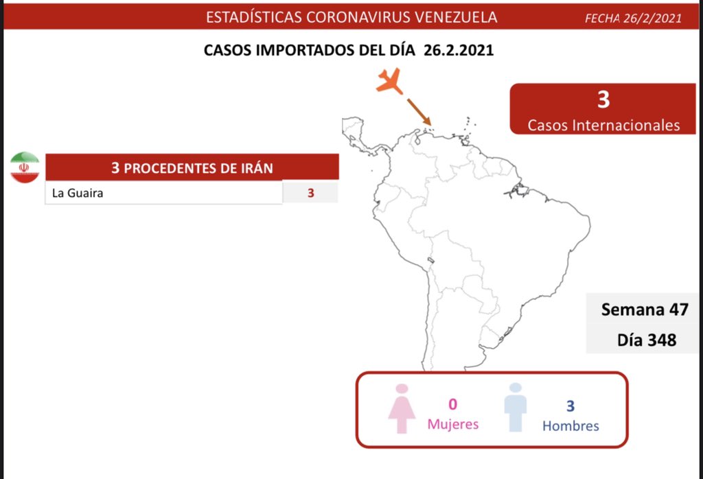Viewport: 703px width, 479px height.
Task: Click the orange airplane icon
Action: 389,82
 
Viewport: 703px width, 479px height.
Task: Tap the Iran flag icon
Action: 25,167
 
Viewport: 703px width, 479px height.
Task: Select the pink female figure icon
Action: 402,408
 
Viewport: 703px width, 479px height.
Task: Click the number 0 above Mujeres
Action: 453,404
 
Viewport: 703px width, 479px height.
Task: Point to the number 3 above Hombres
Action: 571,406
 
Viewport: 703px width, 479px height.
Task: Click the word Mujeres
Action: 453,424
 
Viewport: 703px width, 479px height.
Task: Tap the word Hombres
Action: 571,425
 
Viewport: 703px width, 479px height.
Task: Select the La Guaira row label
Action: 78,193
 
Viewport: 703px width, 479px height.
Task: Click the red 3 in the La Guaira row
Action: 310,193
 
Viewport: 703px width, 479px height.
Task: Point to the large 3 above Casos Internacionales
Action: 603,99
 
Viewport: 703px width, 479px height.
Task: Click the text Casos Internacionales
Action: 603,125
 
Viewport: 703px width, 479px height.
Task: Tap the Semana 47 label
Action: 644,309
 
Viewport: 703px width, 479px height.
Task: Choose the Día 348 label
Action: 647,340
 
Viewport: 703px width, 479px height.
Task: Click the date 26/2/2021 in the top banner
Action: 652,19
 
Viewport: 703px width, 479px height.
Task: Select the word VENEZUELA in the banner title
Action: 456,17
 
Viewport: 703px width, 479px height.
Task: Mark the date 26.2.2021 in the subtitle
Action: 458,49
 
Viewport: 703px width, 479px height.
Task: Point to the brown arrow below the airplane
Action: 419,112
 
